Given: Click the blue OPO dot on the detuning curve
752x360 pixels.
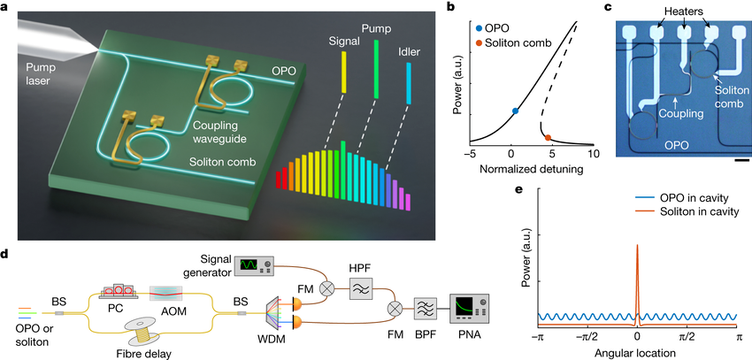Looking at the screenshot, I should pos(515,111).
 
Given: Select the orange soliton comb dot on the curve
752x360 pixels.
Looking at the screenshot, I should pos(548,137).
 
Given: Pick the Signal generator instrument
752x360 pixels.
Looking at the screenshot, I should pos(255,264).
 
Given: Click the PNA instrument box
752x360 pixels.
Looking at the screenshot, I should pos(469,310).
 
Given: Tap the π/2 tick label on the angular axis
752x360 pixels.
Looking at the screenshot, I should pos(687,338).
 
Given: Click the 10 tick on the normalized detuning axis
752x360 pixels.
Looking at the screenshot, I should pos(593,153).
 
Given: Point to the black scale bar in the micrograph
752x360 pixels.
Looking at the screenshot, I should pos(740,159).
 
